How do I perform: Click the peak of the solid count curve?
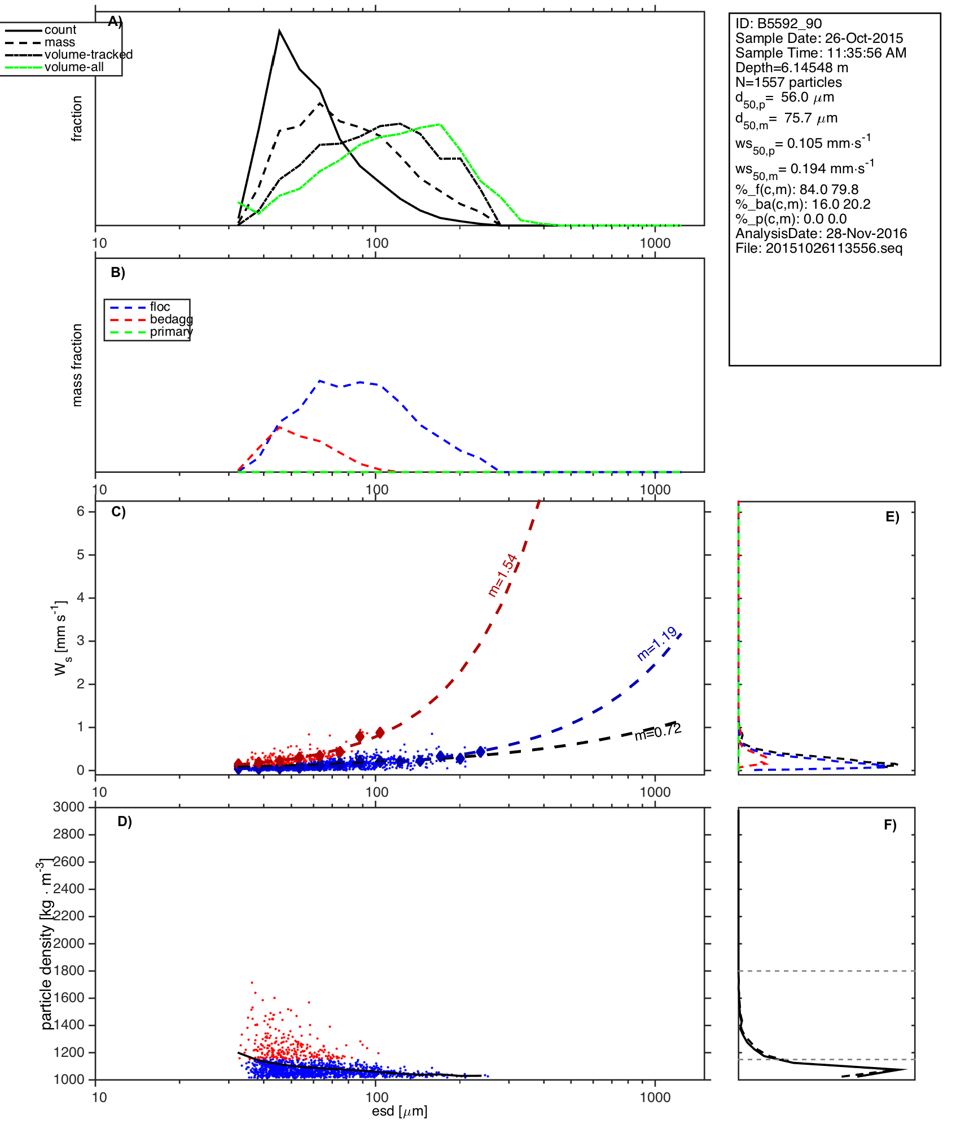[x=279, y=31]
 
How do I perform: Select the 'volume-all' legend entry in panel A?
[x=74, y=67]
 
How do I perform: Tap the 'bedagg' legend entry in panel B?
[x=171, y=319]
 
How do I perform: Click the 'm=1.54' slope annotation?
[x=502, y=575]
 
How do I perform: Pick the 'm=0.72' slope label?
[x=658, y=732]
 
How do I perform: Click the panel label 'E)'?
[x=892, y=517]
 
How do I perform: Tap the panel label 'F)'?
[x=890, y=825]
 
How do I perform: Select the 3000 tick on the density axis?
[x=69, y=807]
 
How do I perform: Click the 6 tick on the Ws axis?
[x=81, y=511]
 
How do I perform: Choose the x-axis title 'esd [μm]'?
[x=400, y=1111]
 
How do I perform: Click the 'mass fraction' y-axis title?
[x=77, y=365]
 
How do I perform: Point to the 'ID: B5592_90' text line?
[x=778, y=24]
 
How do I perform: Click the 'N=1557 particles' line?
[x=788, y=82]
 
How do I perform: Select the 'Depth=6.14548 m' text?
[x=792, y=68]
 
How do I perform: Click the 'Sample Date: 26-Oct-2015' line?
[x=819, y=38]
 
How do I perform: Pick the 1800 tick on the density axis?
[x=69, y=971]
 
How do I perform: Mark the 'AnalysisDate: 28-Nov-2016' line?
[x=821, y=234]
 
